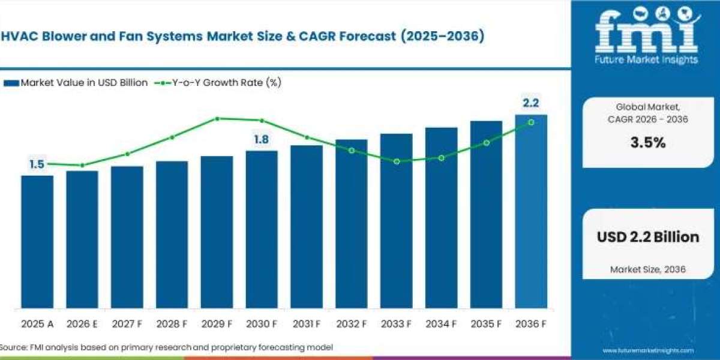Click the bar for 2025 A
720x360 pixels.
(x=37, y=242)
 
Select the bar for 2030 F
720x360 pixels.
(x=262, y=229)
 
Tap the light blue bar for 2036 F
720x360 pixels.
(x=531, y=211)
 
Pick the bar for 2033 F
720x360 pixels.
(x=397, y=221)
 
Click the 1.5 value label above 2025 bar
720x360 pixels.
(x=37, y=164)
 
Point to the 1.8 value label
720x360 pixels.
(x=262, y=139)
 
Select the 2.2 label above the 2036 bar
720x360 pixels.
(x=531, y=103)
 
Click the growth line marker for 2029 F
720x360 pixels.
(x=217, y=119)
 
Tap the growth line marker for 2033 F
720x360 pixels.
(x=397, y=161)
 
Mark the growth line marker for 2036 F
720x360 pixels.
(x=532, y=122)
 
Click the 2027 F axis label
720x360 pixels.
(x=127, y=323)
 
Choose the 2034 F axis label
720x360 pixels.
(x=441, y=323)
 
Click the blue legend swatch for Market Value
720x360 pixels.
(x=11, y=83)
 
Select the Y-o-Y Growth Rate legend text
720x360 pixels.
(x=227, y=83)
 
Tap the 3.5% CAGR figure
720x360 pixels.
(x=648, y=142)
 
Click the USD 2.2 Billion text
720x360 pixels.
(x=648, y=237)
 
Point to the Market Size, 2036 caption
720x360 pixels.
(x=647, y=269)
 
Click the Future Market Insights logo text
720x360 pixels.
(x=646, y=59)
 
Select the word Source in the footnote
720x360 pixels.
(x=13, y=347)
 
